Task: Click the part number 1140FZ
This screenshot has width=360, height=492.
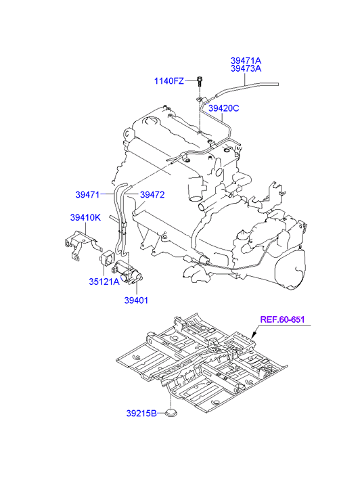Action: (169, 81)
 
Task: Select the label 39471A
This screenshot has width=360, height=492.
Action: (246, 60)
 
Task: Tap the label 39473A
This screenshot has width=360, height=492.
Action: (246, 68)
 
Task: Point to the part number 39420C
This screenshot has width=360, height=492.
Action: (224, 108)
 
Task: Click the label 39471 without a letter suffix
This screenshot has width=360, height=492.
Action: (87, 194)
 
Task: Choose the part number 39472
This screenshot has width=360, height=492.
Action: (152, 194)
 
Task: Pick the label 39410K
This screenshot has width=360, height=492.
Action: (85, 217)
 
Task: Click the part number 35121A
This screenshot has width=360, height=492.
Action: (104, 282)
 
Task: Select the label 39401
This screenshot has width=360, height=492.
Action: (136, 300)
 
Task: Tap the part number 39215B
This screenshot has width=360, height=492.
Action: (141, 413)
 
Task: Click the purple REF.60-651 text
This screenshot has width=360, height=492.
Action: (282, 319)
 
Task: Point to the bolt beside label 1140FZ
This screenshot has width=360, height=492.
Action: (200, 81)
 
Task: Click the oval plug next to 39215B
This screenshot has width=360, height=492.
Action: (172, 413)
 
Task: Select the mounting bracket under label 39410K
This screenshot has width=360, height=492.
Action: (80, 244)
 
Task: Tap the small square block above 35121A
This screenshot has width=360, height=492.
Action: (107, 258)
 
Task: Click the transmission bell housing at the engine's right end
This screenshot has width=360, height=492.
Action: (290, 268)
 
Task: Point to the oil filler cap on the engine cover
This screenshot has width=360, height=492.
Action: (150, 122)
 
